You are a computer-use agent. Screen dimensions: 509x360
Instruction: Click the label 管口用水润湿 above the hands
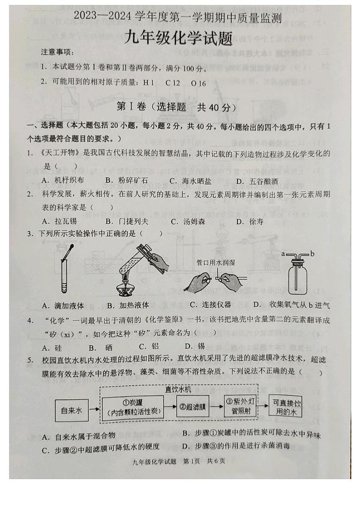point(216,262)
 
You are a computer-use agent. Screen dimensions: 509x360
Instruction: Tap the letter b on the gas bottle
point(312,254)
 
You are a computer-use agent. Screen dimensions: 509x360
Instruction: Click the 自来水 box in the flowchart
point(72,411)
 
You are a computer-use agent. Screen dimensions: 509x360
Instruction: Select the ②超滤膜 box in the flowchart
point(193,407)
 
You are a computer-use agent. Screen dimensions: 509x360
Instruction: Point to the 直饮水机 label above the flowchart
point(178,389)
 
